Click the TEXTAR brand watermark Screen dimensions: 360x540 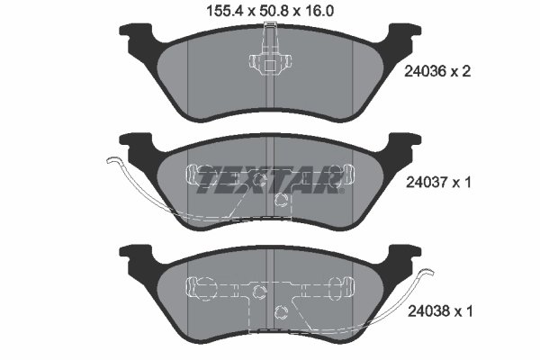[269, 181]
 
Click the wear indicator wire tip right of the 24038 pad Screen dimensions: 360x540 [431, 274]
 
